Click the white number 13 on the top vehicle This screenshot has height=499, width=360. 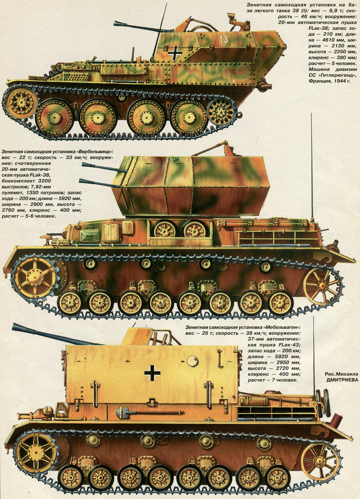tap(223, 38)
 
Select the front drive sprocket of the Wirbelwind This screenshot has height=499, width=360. tap(34, 277)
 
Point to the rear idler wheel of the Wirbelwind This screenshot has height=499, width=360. tap(322, 287)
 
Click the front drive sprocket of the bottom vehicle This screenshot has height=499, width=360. tap(36, 452)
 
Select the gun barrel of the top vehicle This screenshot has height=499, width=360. tap(136, 26)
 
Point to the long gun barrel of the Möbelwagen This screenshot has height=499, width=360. tap(57, 333)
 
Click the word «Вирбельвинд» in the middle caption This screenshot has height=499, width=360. tap(96, 152)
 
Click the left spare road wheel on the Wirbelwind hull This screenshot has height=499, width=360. tap(165, 229)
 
